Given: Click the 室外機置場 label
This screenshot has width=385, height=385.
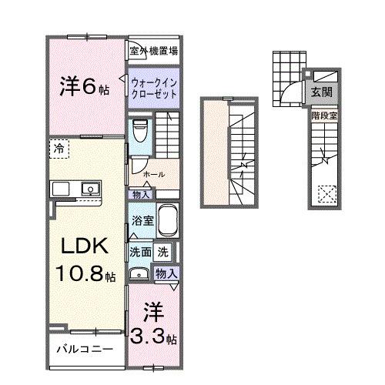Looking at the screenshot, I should tap(154, 52).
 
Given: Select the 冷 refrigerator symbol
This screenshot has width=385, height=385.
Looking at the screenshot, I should tap(59, 147).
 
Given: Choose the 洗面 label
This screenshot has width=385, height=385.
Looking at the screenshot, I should tap(139, 252).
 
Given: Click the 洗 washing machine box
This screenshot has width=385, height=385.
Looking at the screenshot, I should tap(163, 251).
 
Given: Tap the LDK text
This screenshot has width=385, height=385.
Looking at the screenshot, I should tap(80, 248).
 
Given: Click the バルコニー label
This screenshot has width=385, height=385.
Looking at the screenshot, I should tap(85, 349).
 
